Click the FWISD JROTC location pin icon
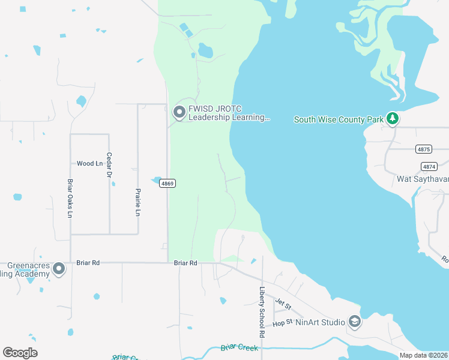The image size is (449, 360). tap(179, 112)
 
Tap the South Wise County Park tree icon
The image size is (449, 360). tap(393, 118)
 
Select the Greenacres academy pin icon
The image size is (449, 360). tap(59, 269)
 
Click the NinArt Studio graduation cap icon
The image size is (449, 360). tap(354, 322)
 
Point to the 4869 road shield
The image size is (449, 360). tap(167, 184)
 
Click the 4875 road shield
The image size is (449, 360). tap(424, 149)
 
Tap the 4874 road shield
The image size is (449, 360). tap(429, 166)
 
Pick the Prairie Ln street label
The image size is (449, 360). tap(138, 202)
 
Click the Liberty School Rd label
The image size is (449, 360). tap(262, 311)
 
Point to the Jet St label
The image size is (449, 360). tap(283, 305)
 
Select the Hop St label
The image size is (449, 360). tap(282, 322)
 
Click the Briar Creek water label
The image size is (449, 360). tap(239, 347)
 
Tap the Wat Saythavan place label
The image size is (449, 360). tap(423, 179)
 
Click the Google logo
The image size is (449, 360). tap(20, 353)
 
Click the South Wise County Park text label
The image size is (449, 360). tap(338, 119)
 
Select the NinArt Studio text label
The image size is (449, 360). tap(320, 322)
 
